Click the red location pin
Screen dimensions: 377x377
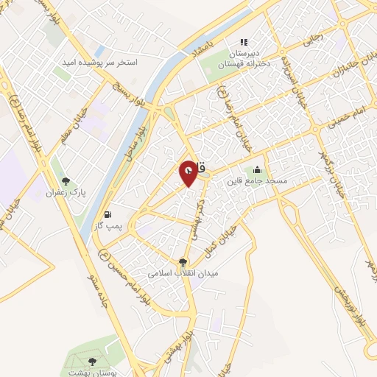(x=188, y=172)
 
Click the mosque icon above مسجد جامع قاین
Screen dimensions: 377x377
(x=257, y=169)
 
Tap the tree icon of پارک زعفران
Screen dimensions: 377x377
(x=66, y=180)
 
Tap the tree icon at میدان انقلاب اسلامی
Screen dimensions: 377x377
(x=183, y=261)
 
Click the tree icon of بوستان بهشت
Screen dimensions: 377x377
(x=92, y=361)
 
